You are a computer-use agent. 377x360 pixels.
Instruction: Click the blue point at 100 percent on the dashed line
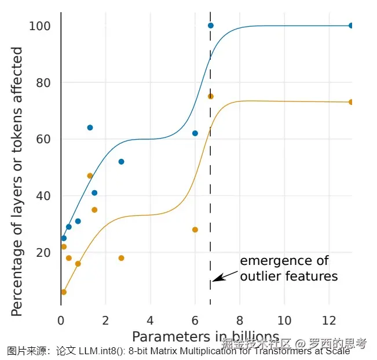(x=210, y=26)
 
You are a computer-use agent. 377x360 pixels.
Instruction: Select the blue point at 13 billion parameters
(x=351, y=26)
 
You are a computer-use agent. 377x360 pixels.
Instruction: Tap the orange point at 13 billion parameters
(x=351, y=102)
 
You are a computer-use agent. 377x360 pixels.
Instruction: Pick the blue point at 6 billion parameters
(x=195, y=133)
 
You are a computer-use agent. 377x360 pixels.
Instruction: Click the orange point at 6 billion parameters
(x=195, y=230)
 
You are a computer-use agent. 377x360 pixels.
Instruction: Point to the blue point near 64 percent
(x=90, y=128)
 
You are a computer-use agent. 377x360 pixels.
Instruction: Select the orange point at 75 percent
(x=210, y=96)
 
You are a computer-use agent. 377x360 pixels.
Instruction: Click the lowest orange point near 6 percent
(x=64, y=292)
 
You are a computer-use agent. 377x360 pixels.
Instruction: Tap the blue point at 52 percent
(x=121, y=162)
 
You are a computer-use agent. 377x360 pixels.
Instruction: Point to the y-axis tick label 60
(x=44, y=139)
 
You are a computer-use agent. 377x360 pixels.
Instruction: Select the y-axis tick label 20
(x=44, y=253)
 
